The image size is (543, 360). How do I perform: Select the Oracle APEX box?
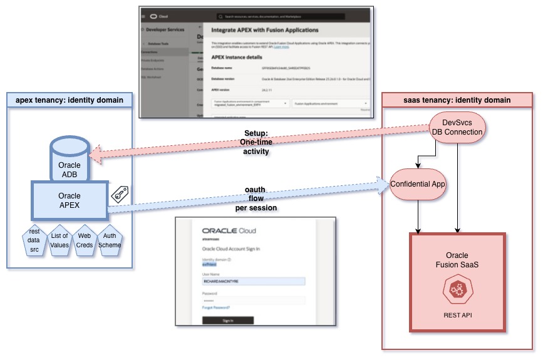(70, 201)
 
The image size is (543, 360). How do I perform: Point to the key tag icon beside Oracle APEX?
(120, 196)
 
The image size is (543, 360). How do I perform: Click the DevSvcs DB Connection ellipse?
(457, 127)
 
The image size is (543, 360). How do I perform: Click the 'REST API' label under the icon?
(457, 315)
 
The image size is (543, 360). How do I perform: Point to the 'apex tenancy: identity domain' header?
(70, 100)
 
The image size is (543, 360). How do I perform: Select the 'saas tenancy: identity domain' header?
(457, 100)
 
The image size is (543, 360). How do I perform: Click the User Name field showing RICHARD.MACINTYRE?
(253, 282)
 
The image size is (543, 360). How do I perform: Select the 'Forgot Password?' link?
(215, 307)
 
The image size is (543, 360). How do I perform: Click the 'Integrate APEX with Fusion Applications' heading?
(265, 30)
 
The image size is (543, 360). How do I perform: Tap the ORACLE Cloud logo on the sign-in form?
(228, 230)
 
